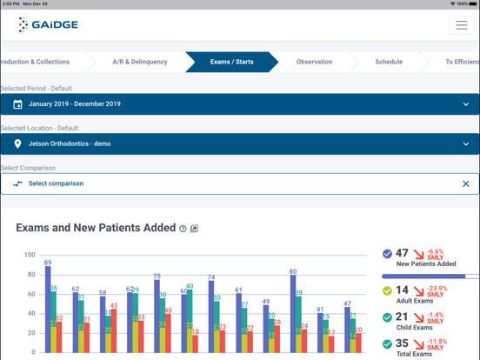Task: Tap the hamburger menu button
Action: pyautogui.click(x=461, y=25)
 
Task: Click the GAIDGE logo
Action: pyautogui.click(x=49, y=24)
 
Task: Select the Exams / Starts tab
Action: pyautogui.click(x=231, y=62)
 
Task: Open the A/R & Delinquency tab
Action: pyautogui.click(x=139, y=62)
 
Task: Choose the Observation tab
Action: pyautogui.click(x=314, y=62)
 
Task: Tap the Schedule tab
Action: pyautogui.click(x=388, y=62)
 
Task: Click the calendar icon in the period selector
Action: pyautogui.click(x=17, y=104)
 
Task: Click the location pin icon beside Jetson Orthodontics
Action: pyautogui.click(x=17, y=144)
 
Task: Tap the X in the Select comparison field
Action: pyautogui.click(x=465, y=184)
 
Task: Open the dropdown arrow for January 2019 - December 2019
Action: pyautogui.click(x=465, y=104)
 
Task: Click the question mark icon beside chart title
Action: pyautogui.click(x=183, y=229)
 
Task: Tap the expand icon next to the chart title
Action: pyautogui.click(x=194, y=229)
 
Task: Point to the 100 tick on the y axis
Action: pyautogui.click(x=30, y=256)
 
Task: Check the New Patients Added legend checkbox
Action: pyautogui.click(x=387, y=254)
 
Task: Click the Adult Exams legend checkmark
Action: pyautogui.click(x=387, y=291)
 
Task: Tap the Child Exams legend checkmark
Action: pyautogui.click(x=387, y=318)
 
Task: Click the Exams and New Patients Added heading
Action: pyautogui.click(x=96, y=228)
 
